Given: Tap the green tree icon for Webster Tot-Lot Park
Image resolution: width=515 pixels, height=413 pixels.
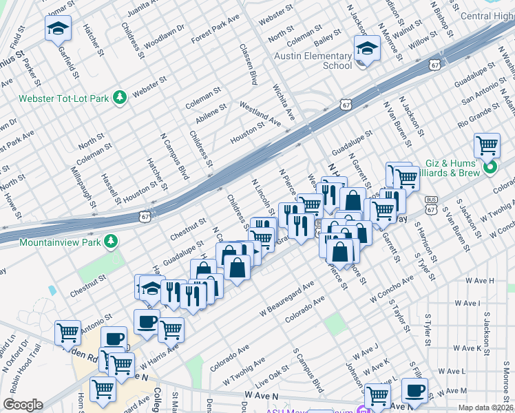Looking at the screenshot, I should (120, 98).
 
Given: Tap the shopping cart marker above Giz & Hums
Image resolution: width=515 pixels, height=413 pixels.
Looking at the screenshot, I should (487, 145).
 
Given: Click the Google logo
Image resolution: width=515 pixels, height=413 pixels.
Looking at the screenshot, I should (23, 405).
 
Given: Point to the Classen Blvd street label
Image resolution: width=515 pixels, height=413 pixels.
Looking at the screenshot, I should (248, 66).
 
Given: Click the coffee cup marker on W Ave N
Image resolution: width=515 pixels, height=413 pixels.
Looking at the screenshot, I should (414, 391).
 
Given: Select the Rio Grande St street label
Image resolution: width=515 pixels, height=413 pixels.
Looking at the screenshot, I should (485, 110).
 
